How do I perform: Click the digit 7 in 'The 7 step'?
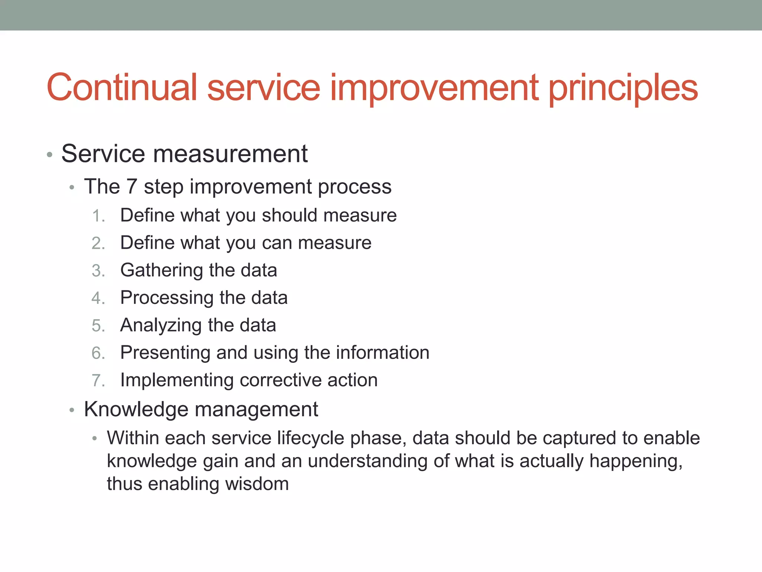pos(132,187)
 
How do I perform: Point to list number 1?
pos(97,216)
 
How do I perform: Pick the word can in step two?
pos(276,243)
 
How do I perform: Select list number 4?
pos(97,298)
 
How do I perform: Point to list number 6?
pos(97,353)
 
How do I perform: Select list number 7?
pos(97,381)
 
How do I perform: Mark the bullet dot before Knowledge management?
pos(72,410)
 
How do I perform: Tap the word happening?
pos(635,462)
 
